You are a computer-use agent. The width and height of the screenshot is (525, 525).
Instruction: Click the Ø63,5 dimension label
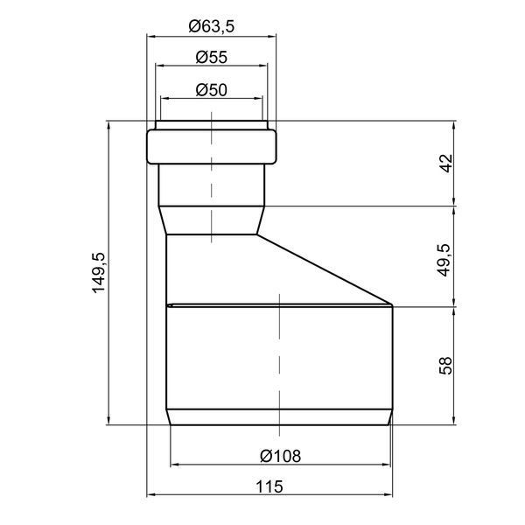(x=211, y=26)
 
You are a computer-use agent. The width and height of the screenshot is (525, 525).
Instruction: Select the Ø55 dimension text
(x=211, y=57)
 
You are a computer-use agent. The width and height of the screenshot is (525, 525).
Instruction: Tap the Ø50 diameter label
(x=211, y=90)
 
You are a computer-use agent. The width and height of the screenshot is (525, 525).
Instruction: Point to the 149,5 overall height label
(x=99, y=273)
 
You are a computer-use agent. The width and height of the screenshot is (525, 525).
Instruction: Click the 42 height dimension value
(x=446, y=164)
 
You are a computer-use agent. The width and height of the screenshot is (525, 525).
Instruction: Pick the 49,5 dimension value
(x=445, y=260)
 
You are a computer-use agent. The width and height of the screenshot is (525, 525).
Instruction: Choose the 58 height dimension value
(x=445, y=366)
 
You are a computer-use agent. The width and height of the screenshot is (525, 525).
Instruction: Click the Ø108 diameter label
(x=281, y=456)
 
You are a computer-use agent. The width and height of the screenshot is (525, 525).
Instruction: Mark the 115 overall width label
(x=269, y=486)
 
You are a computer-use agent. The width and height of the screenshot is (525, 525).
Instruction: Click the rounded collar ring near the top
(x=211, y=147)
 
